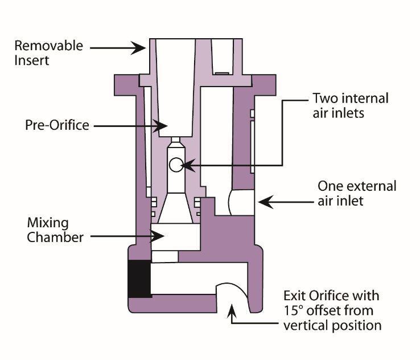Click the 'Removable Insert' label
coord(48,52)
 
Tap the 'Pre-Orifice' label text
coord(56,125)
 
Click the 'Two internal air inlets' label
coord(351,105)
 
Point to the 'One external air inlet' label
coord(356,193)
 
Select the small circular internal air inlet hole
coord(176,165)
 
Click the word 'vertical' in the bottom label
coord(304,325)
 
